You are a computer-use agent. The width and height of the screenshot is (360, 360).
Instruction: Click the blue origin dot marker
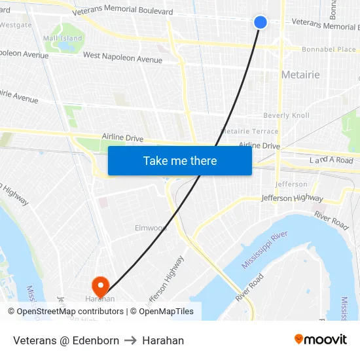click(x=261, y=22)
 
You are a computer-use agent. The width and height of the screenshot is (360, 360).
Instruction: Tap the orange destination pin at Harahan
click(x=100, y=285)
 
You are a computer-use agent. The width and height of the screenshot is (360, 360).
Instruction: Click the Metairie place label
click(x=300, y=75)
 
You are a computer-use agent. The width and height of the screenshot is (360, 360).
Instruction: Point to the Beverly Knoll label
click(x=286, y=116)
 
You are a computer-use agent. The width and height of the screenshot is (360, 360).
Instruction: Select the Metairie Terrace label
click(x=249, y=132)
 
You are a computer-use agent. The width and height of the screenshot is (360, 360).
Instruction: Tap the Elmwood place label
click(x=151, y=228)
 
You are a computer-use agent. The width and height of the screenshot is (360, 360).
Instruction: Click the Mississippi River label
click(x=264, y=250)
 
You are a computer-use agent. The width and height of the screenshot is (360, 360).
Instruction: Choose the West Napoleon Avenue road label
click(x=122, y=59)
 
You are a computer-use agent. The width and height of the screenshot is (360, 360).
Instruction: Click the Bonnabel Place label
click(x=329, y=49)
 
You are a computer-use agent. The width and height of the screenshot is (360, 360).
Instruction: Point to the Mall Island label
click(x=63, y=38)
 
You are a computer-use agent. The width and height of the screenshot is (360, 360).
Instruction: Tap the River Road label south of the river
click(x=249, y=287)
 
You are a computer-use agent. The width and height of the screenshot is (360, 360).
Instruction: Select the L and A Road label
click(x=331, y=160)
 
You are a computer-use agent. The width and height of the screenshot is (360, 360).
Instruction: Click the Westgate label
click(x=15, y=25)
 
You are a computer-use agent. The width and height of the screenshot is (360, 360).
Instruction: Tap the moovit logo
click(x=321, y=340)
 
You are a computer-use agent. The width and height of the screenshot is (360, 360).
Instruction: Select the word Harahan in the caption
click(x=163, y=340)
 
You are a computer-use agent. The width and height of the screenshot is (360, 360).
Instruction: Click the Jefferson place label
click(x=291, y=184)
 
